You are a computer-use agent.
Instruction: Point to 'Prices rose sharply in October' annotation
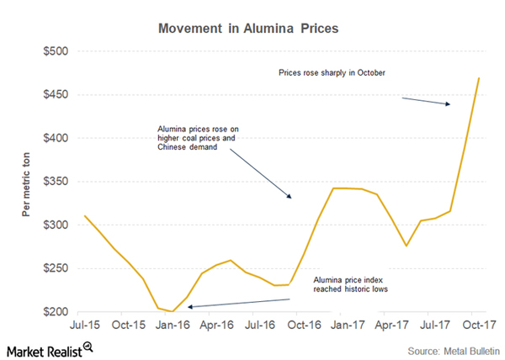click(332, 73)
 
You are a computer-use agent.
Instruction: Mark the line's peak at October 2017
click(479, 78)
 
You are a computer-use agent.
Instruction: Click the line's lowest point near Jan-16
click(173, 311)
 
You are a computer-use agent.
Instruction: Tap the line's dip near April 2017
click(407, 246)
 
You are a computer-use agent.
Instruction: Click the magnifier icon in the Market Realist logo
click(87, 345)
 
